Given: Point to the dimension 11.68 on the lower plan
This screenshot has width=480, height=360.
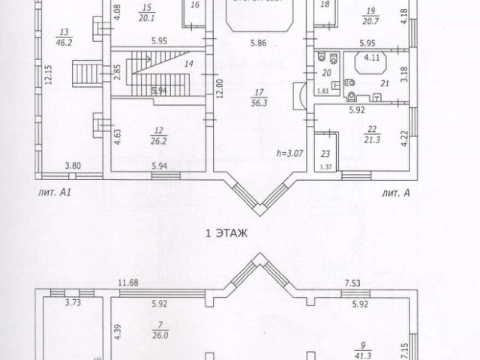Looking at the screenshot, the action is point(128,283).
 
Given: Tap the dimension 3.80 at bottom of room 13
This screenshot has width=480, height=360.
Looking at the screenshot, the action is point(72,166).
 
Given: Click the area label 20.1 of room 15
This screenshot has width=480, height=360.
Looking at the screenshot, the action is point(145,18).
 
